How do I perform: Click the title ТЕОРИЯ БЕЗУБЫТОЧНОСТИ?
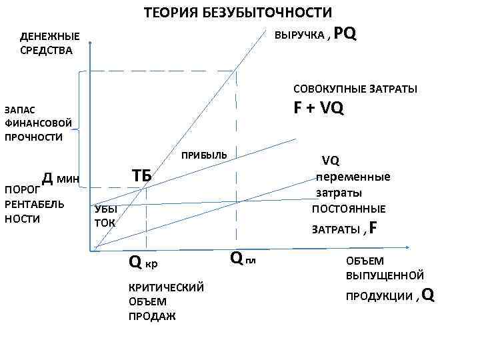[x=237, y=13]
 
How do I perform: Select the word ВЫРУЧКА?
[x=299, y=35]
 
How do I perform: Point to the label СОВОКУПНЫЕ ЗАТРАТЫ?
[x=355, y=89]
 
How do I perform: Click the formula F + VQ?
[x=319, y=108]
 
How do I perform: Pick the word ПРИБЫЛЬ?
[x=204, y=155]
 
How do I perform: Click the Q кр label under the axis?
[x=143, y=263]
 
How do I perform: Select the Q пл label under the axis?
[x=242, y=256]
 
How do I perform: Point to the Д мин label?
[x=60, y=178]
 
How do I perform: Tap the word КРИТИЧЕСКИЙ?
[x=165, y=287]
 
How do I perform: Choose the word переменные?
[x=353, y=177]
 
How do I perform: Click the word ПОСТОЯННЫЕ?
[x=349, y=209]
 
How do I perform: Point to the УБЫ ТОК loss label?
[x=105, y=215]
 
